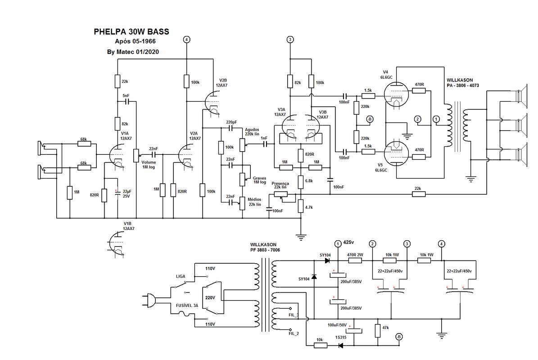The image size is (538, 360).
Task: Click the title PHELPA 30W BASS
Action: [131, 32]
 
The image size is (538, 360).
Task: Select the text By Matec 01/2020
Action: [133, 52]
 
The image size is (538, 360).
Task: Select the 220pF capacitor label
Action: [231, 122]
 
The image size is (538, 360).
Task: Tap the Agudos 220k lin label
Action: [252, 132]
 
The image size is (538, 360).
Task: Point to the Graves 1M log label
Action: [259, 180]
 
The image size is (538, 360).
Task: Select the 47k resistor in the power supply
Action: [377, 330]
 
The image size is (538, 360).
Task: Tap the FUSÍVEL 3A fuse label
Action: [186, 306]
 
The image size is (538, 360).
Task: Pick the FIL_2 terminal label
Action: [293, 333]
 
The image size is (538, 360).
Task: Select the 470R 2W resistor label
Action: [355, 255]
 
